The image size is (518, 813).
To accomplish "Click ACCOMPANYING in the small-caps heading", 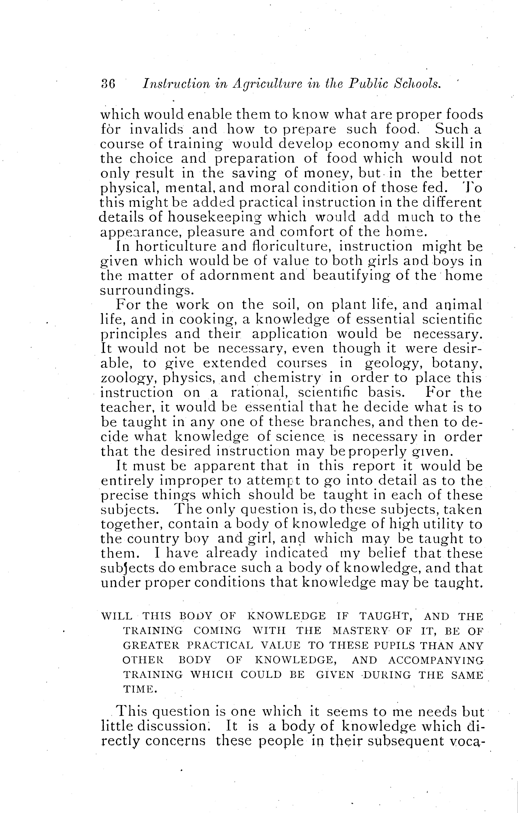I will coord(436,660).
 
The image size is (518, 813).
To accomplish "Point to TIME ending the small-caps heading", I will coord(138,689).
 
